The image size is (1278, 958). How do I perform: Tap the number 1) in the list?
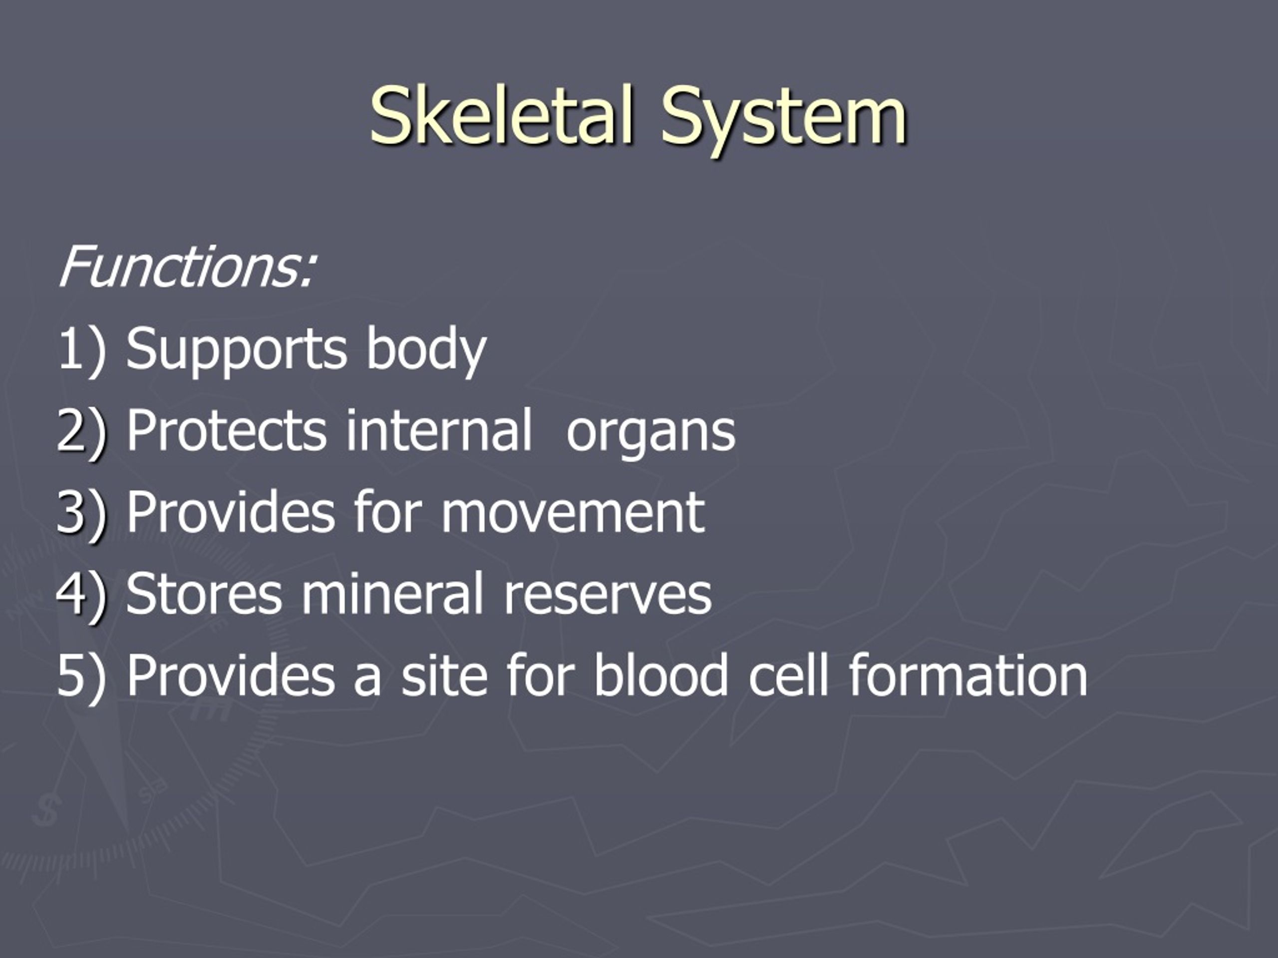82,349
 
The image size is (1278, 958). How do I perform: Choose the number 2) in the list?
82,431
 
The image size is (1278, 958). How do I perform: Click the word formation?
968,674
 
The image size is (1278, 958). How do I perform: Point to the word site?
444,675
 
